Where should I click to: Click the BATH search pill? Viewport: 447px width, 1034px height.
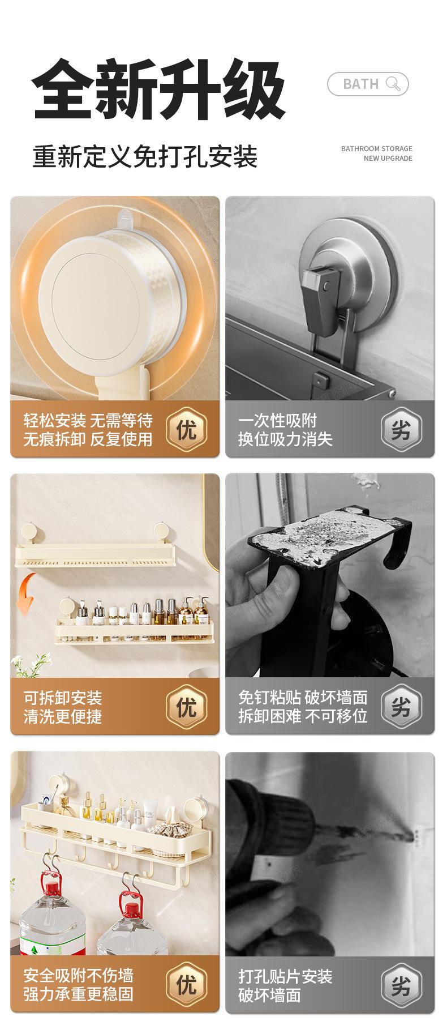coord(368,84)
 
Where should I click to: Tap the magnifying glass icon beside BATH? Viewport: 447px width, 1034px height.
coord(393,84)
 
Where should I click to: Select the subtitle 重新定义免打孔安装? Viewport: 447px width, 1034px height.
coord(145,156)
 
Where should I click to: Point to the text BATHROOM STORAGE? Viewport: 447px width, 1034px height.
coord(377,148)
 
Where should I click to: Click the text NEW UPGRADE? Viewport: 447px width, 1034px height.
coord(388,159)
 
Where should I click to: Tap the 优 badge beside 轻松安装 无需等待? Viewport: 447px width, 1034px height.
coord(186,429)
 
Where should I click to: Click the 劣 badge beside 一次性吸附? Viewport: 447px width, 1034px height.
coord(401,429)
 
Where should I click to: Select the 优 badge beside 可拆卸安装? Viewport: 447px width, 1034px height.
coord(186,706)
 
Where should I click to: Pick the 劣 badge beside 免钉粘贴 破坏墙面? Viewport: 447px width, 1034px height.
coord(401,706)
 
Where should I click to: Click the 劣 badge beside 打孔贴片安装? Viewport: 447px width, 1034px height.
coord(401,985)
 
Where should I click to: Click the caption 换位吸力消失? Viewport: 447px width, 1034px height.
coord(285,439)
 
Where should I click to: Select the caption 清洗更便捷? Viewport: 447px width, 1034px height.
coord(62,716)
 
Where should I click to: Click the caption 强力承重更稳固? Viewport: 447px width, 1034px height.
coord(78,994)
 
